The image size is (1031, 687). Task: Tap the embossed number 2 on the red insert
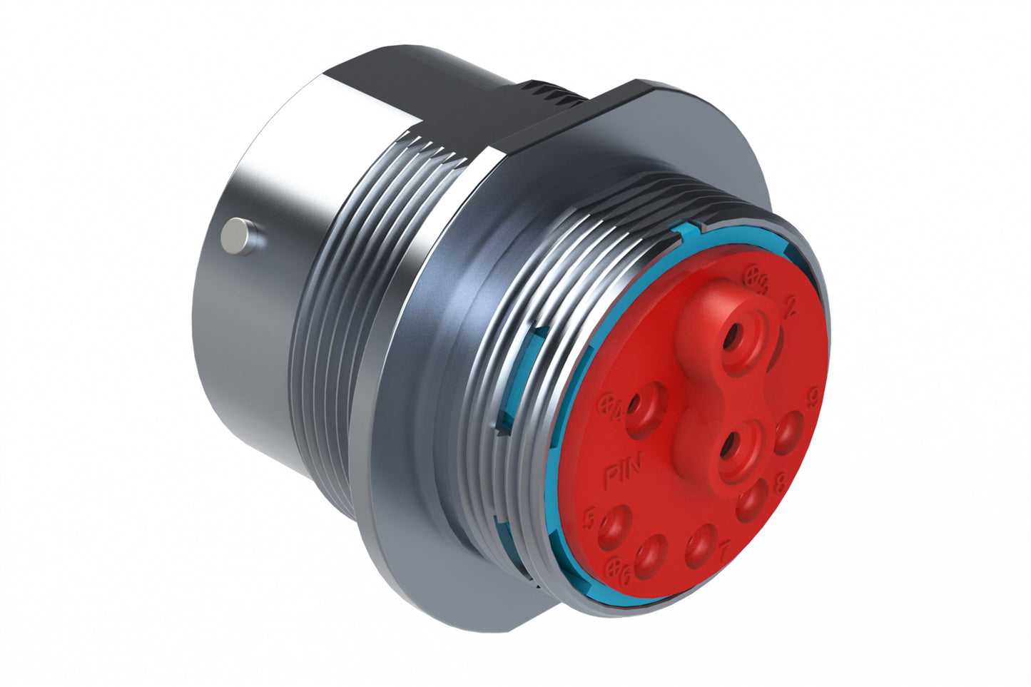pos(790,309)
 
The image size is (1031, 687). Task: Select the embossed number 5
pos(590,518)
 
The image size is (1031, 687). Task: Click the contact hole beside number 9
pos(786,432)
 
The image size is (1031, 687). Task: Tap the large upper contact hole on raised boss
pos(735,338)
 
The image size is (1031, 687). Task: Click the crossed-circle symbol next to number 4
pos(606,404)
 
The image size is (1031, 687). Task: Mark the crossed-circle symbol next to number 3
pos(751,273)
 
